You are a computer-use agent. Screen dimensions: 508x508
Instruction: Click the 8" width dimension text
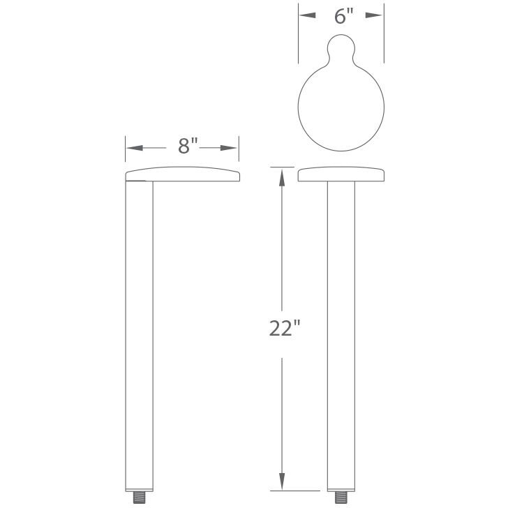[x=188, y=146]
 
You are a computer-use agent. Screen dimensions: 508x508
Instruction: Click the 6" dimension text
[x=341, y=16]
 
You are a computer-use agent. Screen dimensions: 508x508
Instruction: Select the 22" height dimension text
[x=284, y=327]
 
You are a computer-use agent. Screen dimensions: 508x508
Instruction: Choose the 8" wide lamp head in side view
[x=182, y=174]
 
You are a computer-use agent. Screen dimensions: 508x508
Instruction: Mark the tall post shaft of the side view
[x=139, y=335]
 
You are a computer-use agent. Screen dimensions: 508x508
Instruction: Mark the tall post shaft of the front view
[x=341, y=335]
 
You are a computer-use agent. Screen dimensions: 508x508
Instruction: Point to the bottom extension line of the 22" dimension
[x=282, y=491]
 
